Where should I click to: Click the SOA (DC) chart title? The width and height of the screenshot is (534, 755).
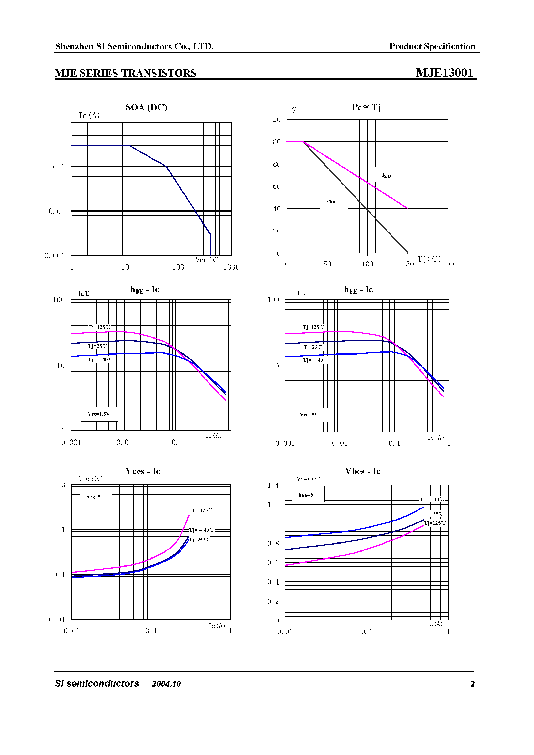146,107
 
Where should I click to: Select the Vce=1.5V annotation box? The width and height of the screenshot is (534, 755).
99,414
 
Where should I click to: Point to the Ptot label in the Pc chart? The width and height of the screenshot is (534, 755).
331,202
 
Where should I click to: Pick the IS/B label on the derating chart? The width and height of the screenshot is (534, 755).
386,176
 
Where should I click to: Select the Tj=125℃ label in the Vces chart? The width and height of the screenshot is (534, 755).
202,511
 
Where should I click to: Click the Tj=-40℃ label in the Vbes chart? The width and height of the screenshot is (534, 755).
432,499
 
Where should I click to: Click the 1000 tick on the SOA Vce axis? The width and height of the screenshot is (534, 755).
231,267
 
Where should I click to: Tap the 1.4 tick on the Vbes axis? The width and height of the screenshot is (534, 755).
273,485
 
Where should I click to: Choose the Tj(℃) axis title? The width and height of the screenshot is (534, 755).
429,259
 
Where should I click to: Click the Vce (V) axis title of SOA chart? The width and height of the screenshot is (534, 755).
207,259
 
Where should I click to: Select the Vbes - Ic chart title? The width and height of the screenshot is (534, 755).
362,471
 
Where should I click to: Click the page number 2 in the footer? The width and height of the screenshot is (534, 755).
472,684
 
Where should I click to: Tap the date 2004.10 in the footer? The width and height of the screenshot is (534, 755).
166,684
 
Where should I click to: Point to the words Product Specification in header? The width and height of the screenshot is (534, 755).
432,46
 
